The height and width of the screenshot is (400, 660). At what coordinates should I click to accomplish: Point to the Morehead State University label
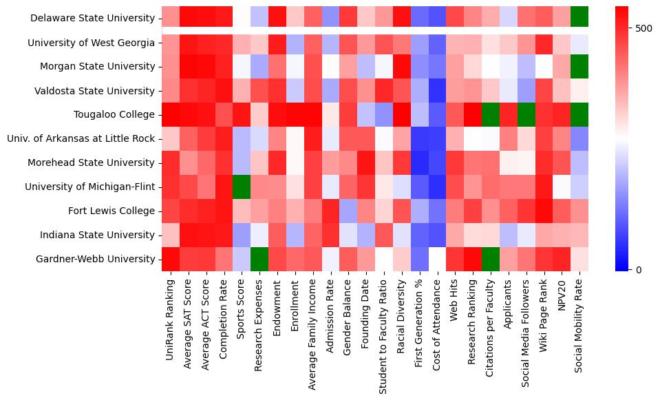coord(91,162)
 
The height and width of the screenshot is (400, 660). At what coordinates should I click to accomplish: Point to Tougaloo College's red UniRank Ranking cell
coord(170,114)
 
